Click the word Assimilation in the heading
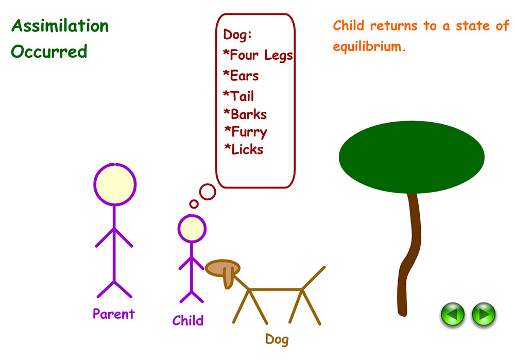point(60,26)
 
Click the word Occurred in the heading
point(49,52)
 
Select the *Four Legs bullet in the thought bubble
point(257,55)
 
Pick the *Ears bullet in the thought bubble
point(241,76)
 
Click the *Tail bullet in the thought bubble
point(238,96)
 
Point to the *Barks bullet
point(245,114)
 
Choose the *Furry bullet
point(246,132)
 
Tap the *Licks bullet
point(244,150)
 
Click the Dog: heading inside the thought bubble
point(237,35)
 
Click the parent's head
point(115,184)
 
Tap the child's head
point(192,229)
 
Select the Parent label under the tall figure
point(113,314)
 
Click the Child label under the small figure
point(188,321)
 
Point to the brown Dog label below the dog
point(277,339)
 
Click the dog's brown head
point(222,268)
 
